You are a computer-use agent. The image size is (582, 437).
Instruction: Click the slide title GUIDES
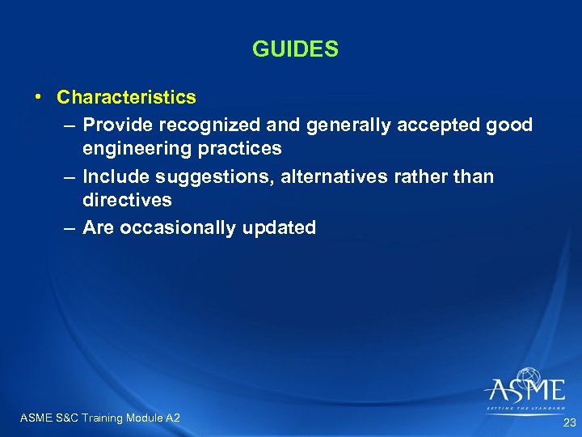[295, 50]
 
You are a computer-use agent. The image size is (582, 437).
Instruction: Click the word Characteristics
[126, 97]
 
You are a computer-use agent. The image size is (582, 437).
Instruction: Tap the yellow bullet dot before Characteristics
[39, 96]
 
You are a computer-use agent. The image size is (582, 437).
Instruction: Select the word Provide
[118, 125]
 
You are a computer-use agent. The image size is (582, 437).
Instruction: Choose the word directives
[127, 200]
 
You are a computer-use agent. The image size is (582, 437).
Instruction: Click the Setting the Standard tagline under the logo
[525, 409]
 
